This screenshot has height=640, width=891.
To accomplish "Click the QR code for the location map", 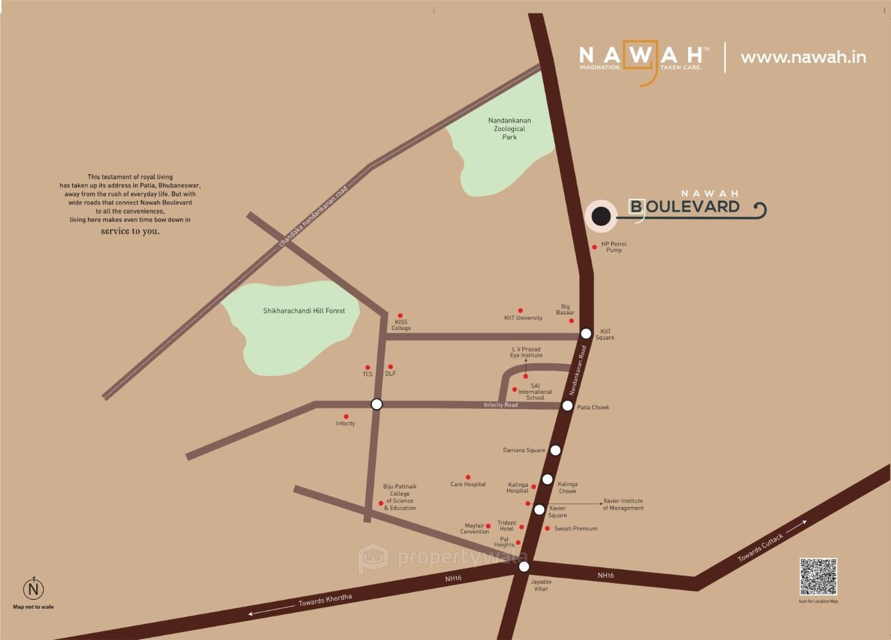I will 818,577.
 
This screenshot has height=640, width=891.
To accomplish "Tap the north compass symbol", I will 33,589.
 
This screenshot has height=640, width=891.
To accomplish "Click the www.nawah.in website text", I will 803,57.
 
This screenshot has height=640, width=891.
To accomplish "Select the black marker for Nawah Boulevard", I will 601,216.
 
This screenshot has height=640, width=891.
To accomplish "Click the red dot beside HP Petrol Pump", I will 594,247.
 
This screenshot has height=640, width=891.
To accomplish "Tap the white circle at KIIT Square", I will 586,333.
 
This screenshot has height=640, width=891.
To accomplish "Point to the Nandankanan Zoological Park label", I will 509,128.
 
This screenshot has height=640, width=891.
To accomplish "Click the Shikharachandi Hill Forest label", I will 304,311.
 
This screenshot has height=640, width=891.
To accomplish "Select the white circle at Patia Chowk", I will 567,405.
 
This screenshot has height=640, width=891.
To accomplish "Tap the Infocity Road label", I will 500,405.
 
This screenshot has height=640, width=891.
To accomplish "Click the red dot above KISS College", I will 400,316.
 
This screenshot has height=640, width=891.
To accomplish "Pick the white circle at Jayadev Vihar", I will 524,566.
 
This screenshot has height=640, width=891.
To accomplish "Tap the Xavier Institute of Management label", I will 623,504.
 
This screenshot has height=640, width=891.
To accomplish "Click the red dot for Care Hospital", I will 468,477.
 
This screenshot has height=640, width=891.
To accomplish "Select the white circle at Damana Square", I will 555,450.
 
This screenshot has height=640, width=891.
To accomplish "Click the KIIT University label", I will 523,318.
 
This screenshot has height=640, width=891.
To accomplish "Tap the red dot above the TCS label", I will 367,367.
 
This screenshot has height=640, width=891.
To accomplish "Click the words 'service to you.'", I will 130,231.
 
